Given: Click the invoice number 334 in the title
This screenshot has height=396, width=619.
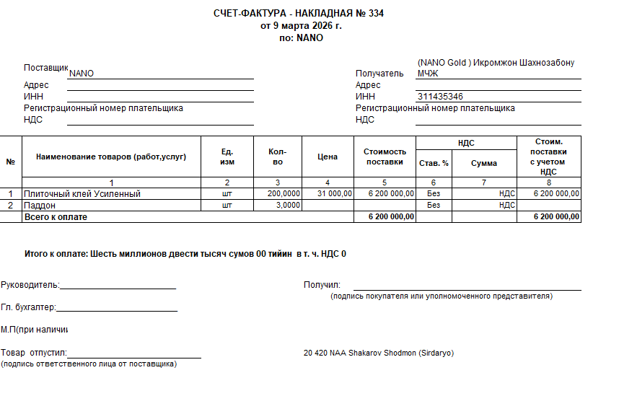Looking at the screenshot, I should [375, 14].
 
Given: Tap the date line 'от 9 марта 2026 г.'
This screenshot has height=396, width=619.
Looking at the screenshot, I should [301, 25].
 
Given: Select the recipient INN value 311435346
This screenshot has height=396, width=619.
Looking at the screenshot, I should [440, 97].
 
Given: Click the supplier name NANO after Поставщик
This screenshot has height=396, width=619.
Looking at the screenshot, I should [82, 74].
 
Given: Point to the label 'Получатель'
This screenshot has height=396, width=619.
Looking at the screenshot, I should [379, 74].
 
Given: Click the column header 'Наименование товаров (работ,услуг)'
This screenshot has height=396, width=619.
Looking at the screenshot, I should [111, 157].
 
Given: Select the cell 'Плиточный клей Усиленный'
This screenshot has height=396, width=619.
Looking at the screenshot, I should [82, 194].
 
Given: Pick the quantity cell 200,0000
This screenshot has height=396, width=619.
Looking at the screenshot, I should [284, 194].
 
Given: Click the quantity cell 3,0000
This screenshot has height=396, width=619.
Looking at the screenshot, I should [289, 205].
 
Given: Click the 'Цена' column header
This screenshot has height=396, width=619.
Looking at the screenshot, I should [328, 157].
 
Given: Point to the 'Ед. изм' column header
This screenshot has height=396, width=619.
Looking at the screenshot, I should [227, 157].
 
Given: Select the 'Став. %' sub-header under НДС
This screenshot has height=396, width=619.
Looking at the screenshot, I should [434, 163].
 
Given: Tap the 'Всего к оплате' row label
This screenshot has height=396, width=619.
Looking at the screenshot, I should [56, 216].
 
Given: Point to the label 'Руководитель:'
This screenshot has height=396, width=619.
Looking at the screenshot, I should [30, 285].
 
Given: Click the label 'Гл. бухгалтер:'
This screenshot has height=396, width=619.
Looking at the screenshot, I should [28, 307].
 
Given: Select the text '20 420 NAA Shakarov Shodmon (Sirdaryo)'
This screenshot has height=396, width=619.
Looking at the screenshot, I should [379, 353].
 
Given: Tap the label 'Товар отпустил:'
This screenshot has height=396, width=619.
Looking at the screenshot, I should [33, 353].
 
